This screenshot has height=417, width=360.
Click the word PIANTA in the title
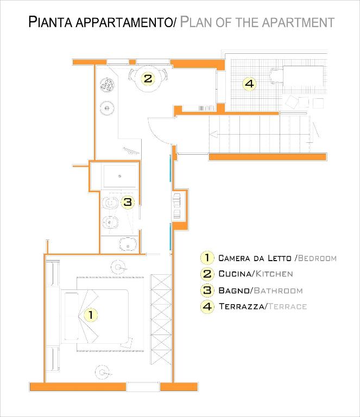coord(50,22)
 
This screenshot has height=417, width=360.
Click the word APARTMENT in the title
coord(298,22)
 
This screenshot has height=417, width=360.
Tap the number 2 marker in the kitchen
coord(148,78)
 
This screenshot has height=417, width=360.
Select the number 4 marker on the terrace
coord(249,84)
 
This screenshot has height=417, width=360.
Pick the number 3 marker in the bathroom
coord(128,202)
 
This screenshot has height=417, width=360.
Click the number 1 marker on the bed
coord(91,314)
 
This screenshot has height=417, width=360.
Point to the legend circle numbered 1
coord(207,258)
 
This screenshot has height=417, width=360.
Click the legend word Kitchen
coord(274,274)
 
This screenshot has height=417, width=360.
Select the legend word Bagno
coord(233,290)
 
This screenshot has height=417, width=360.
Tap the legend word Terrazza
coord(242,306)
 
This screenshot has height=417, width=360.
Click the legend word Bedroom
coord(317,258)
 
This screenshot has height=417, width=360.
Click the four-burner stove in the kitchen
coord(108,85)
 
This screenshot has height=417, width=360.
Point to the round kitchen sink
coord(107,108)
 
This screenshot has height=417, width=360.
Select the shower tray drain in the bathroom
coord(119,176)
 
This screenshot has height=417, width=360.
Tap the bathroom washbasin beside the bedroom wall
coord(128,244)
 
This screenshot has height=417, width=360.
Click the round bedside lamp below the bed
coord(103,372)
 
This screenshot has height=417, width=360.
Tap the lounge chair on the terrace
coord(276,76)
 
